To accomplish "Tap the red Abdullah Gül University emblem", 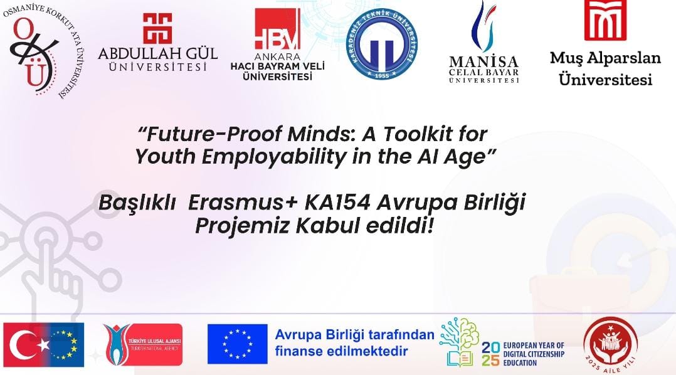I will click(x=157, y=28).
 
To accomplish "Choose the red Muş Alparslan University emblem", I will click(x=605, y=19).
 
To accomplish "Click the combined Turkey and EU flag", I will click(x=44, y=344).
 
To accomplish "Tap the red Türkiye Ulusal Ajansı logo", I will click(x=143, y=344).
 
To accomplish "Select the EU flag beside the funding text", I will click(x=238, y=344).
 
